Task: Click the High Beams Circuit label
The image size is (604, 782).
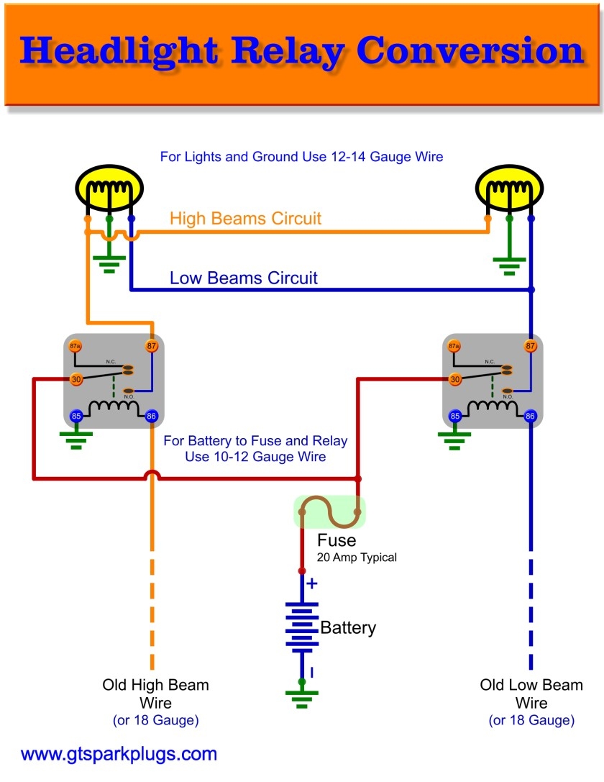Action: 245,219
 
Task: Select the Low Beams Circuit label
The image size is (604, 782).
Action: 243,278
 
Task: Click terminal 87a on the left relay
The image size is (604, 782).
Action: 75,346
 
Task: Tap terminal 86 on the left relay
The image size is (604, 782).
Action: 152,416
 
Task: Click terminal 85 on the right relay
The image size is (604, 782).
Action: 454,416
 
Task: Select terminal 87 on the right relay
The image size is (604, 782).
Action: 531,346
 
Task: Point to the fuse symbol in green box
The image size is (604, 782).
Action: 329,511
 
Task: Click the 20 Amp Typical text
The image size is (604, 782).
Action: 357,558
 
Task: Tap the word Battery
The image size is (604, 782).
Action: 348,627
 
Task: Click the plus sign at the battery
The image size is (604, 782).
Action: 311,583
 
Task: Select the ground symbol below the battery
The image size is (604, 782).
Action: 302,695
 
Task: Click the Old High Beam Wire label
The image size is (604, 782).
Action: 155,694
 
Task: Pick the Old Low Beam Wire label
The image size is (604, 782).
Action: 531,694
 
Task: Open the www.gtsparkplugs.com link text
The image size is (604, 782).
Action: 119,755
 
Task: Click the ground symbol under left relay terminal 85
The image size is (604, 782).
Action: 75,439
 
